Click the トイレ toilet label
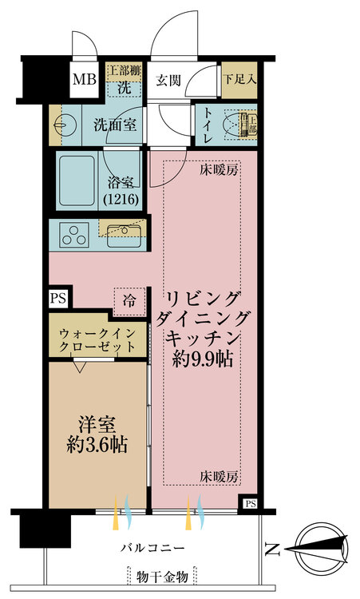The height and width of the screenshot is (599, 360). tap(208, 126)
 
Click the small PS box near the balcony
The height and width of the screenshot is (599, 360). tap(251, 504)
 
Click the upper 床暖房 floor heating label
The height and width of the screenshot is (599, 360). tap(219, 169)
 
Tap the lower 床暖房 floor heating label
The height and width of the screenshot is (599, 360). tap(219, 477)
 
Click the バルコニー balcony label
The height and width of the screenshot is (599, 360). tap(153, 549)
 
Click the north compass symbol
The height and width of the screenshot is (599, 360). tap(319, 548)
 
